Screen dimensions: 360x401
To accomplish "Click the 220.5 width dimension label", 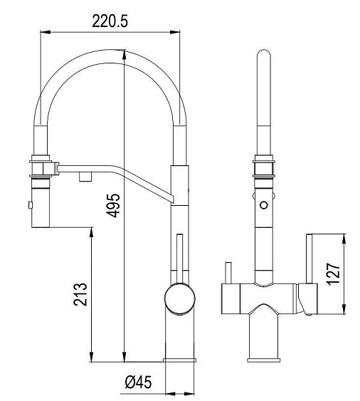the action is [x=110, y=21].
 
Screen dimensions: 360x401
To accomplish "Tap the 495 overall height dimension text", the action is [x=113, y=206].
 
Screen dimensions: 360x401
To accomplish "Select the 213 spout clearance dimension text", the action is [x=80, y=294].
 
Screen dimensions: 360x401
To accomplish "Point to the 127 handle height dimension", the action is [x=334, y=274].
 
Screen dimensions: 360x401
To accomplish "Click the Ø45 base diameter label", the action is [x=138, y=382].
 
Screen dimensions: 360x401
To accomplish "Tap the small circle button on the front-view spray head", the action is [x=264, y=205].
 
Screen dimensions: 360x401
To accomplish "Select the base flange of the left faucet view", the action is [x=179, y=360].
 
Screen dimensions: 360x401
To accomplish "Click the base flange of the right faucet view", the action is [x=264, y=360].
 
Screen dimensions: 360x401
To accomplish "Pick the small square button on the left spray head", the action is [x=31, y=205].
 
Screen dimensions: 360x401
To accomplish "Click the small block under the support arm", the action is [x=85, y=177].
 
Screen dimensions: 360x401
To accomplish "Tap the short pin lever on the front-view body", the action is [x=228, y=273].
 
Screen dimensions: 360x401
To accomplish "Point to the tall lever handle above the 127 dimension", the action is [x=309, y=259].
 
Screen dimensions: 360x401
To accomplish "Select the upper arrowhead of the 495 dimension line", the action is [x=125, y=55].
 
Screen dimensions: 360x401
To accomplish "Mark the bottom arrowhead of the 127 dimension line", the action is [x=344, y=308].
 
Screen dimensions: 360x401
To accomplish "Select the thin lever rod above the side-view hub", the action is [x=180, y=259].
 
